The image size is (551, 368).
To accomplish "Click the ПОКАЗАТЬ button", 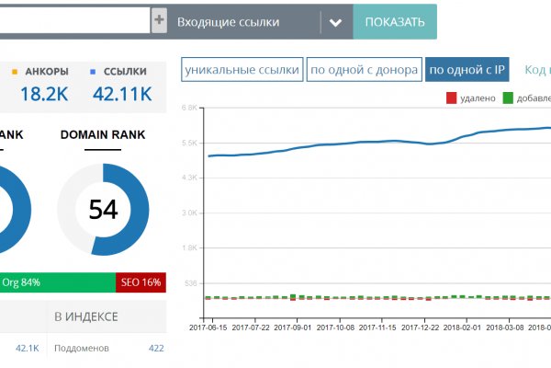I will (x=395, y=22).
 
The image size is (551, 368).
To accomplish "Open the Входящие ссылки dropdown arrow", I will (x=335, y=22).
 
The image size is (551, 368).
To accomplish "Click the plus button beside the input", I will (x=159, y=21).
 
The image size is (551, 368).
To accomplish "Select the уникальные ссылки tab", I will (x=242, y=70).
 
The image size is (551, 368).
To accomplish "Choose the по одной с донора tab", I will (x=364, y=70).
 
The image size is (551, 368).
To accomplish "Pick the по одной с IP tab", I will (x=467, y=70).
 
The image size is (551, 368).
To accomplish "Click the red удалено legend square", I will (x=451, y=98).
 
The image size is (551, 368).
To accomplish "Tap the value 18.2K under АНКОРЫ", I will (x=43, y=94).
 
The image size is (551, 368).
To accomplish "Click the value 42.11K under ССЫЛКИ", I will (x=122, y=94).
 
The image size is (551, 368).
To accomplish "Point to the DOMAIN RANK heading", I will (x=103, y=135).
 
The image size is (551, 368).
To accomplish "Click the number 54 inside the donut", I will (x=103, y=210).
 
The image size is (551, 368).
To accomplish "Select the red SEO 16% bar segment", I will (x=141, y=282).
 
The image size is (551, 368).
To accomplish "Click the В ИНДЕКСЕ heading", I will (x=85, y=316).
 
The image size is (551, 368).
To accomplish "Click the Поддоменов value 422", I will (x=155, y=349).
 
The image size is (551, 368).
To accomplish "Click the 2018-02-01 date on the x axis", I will (x=463, y=327).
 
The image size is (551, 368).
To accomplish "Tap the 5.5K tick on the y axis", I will (x=189, y=143).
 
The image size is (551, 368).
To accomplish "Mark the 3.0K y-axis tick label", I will (x=189, y=213).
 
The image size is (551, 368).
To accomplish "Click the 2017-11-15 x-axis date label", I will (x=378, y=327).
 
